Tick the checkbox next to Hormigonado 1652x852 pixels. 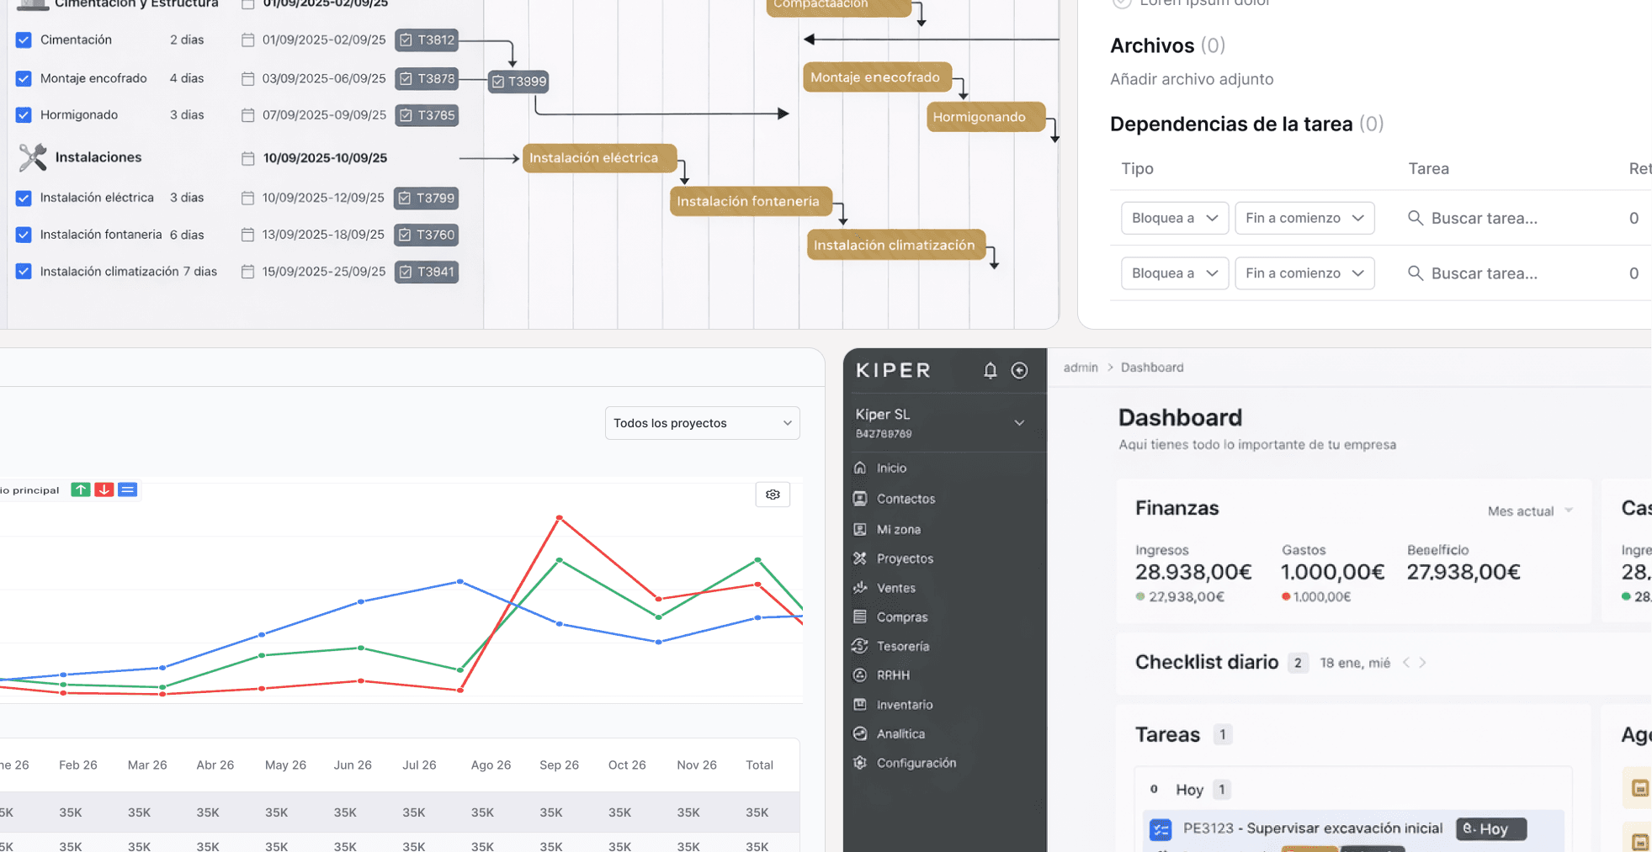point(24,115)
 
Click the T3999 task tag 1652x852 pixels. point(518,82)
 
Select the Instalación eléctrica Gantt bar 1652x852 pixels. point(598,158)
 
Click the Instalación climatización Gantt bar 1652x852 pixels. point(895,245)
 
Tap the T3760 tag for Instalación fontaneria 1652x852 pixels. point(427,235)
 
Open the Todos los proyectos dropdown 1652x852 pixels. point(702,423)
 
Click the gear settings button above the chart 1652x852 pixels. point(773,495)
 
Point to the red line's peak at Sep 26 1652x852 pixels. point(560,517)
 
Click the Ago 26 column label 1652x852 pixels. point(491,765)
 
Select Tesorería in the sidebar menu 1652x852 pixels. point(902,646)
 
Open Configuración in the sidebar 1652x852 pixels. point(916,763)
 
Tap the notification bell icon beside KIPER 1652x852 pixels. point(991,370)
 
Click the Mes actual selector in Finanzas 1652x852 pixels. point(1529,511)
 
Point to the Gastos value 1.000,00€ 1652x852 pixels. point(1332,572)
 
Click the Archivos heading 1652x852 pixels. point(1151,45)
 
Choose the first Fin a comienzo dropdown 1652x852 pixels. point(1304,218)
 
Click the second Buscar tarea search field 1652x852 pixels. point(1484,273)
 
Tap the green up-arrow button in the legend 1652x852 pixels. point(81,490)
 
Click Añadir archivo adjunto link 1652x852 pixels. point(1191,79)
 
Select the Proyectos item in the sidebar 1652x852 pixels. point(904,558)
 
